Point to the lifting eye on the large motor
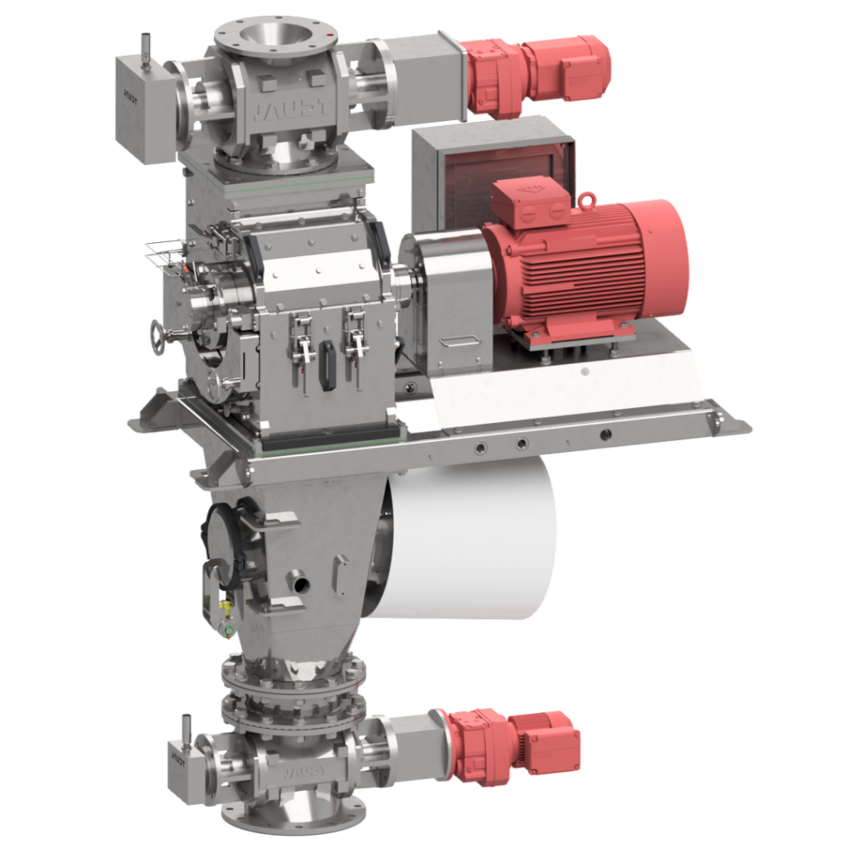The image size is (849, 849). point(588,200)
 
